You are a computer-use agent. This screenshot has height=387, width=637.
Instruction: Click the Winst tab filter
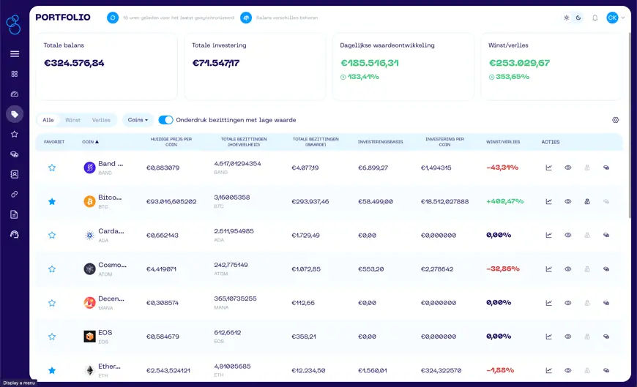click(72, 120)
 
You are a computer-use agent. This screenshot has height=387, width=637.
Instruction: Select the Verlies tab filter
click(101, 120)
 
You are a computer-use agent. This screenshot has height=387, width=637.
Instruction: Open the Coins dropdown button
click(138, 120)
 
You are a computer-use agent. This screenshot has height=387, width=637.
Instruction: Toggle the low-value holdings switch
click(165, 120)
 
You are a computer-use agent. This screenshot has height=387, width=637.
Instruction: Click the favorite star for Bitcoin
click(52, 201)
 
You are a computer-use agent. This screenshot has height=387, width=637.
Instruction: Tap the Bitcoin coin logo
click(89, 201)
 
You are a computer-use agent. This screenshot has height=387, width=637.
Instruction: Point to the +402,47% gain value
click(504, 201)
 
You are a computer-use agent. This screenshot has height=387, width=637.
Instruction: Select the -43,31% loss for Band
click(502, 168)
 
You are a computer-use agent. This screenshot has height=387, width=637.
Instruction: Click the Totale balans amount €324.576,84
click(74, 63)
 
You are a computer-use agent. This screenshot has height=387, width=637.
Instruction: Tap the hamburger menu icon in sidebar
click(14, 53)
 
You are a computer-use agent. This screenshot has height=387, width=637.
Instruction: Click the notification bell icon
click(595, 18)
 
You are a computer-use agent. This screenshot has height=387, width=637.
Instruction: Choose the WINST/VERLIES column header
click(503, 142)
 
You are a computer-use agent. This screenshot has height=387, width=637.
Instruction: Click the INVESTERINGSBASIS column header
click(380, 142)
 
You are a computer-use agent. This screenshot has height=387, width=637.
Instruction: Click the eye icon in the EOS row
click(567, 337)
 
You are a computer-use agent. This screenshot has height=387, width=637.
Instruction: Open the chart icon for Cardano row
click(548, 235)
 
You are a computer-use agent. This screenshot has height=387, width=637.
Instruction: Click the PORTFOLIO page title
click(63, 17)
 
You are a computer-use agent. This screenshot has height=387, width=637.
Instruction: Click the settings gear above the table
click(615, 120)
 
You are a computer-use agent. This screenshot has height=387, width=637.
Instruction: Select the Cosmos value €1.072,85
click(306, 268)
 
